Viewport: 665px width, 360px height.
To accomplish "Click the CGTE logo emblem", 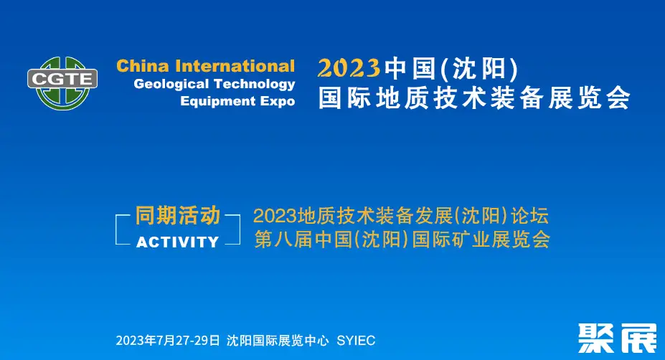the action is point(62,83).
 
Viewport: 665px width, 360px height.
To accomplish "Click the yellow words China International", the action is point(206,66).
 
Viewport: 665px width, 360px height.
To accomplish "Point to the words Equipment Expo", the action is point(237,101).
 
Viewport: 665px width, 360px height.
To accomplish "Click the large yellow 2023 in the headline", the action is point(349,68).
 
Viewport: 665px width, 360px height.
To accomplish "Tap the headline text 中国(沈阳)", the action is point(451,68).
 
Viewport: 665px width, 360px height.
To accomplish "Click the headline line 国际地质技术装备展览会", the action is point(474,98).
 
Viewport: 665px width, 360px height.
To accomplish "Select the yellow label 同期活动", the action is point(178,215).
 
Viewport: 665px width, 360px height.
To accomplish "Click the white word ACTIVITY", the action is point(178,242).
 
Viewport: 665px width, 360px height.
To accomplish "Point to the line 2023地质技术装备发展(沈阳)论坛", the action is point(401,216).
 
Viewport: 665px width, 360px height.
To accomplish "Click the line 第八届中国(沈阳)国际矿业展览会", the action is point(402,239).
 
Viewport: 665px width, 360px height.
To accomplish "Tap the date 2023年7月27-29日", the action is point(168,341).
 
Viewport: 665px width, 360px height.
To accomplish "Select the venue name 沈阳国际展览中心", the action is point(278,341).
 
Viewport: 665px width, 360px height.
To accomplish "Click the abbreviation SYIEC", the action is point(356,341).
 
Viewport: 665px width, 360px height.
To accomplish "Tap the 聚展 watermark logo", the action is point(618,338).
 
